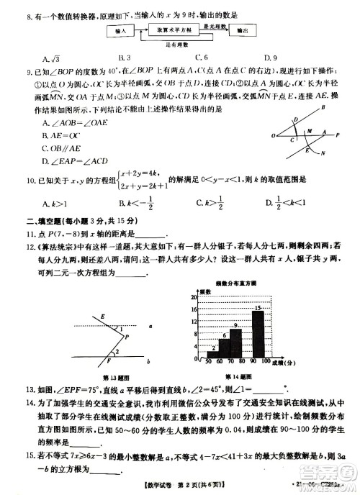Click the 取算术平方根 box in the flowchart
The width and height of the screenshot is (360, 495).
[x=178, y=32]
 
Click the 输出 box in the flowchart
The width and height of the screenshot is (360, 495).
[x=243, y=32]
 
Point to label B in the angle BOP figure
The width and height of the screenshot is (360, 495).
[x=323, y=106]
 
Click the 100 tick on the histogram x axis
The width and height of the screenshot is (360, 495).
[x=266, y=361]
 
